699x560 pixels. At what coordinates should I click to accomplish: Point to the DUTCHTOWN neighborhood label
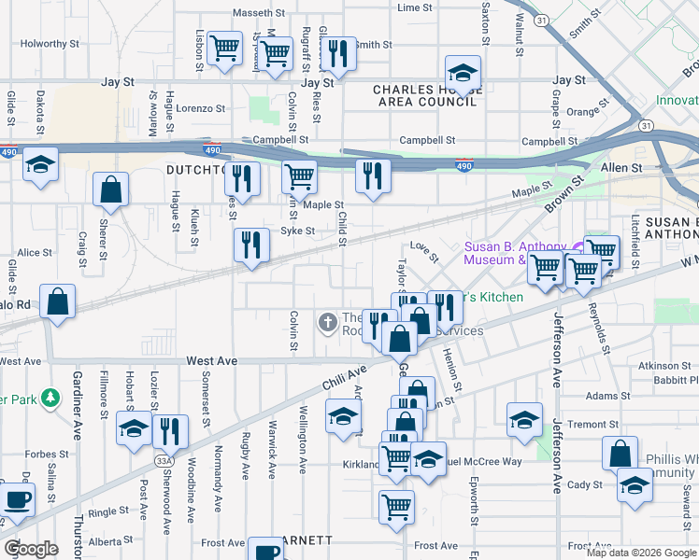click(196, 171)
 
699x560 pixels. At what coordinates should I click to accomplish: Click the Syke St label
click(298, 231)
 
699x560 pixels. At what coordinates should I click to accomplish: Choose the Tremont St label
click(593, 424)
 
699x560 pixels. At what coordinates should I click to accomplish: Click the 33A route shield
click(165, 460)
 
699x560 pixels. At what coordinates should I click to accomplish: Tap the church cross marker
click(327, 323)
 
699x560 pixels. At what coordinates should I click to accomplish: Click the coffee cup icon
click(17, 499)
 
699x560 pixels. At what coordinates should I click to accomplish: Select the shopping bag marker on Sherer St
click(111, 189)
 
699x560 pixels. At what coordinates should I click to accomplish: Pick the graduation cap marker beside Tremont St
click(524, 420)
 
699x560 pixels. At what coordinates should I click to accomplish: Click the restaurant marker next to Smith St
click(337, 53)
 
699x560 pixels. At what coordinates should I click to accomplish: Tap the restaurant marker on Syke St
click(251, 245)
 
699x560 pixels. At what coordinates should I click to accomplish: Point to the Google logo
click(31, 548)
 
